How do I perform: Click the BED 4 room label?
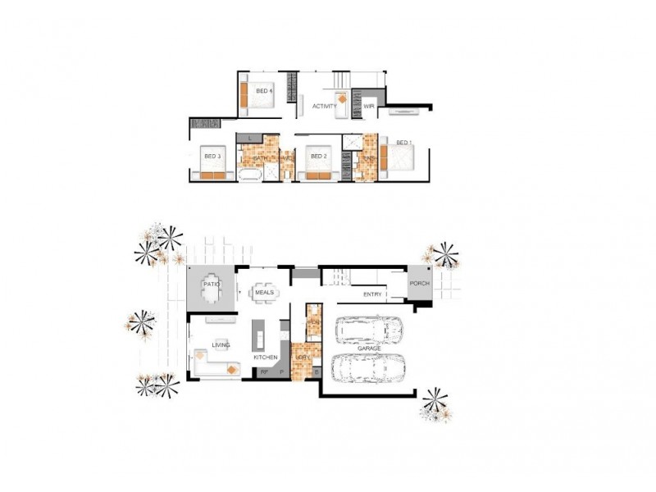263,91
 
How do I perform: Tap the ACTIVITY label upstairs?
326,106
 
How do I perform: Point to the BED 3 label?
212,157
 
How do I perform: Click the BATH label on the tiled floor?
271,158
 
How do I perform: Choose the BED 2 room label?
318,157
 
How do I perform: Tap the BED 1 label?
402,143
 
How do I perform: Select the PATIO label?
212,284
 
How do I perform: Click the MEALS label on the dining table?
264,292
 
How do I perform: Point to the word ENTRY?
373,293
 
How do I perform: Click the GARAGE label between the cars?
369,348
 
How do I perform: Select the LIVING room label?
221,345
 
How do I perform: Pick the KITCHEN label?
265,358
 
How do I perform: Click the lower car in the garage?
369,368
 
